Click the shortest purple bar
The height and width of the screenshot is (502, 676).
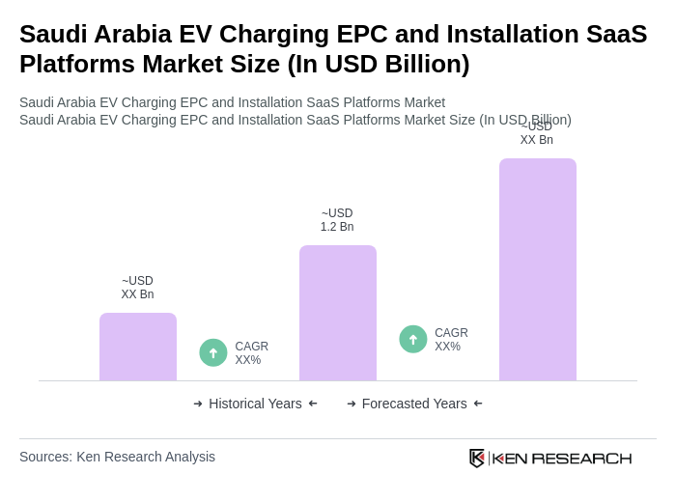pos(137,347)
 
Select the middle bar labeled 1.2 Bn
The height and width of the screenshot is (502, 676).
pos(337,313)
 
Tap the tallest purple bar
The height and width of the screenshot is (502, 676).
pos(537,269)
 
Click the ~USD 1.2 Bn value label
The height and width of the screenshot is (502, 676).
pos(337,220)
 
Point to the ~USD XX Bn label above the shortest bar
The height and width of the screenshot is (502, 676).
pos(137,288)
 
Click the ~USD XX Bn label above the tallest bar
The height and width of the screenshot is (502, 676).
pos(537,133)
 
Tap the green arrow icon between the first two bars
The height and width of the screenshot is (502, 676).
pos(213,352)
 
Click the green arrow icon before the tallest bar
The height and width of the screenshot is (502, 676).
pos(413,339)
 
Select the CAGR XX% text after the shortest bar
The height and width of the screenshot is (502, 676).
pos(251,353)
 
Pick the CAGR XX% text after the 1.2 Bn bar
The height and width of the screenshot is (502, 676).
pos(451,340)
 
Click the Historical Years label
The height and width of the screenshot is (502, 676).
pos(255,404)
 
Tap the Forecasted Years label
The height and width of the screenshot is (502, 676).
pos(414,404)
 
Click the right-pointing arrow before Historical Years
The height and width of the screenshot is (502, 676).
pos(198,404)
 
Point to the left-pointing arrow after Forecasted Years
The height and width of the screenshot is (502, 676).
pos(478,404)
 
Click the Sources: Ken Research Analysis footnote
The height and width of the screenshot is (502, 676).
pos(117,457)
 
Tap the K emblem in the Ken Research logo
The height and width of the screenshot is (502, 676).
pos(477,458)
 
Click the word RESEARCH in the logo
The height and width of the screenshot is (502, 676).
pos(581,458)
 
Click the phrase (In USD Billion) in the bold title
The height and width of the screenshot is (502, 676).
pos(379,64)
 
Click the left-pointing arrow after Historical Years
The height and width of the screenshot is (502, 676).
pos(313,404)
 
